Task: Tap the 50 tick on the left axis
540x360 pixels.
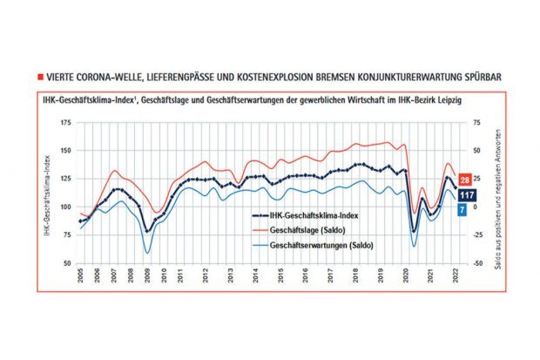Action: pos(66,262)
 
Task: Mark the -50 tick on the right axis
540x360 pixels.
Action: pos(475,262)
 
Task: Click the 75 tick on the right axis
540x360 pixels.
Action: pos(475,124)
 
